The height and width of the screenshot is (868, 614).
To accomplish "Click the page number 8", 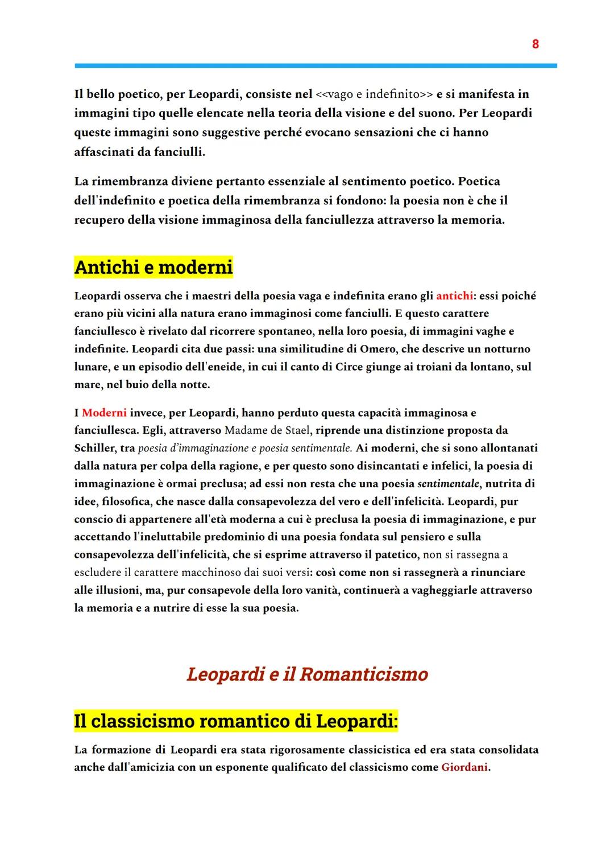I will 535,44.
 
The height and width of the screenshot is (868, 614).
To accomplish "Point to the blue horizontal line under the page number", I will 316,65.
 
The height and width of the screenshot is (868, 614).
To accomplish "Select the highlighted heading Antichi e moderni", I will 153,267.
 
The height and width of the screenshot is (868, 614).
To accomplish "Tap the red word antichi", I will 454,296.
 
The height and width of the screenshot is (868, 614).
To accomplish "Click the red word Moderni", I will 104,413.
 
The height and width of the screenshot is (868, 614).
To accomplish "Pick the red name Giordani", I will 464,767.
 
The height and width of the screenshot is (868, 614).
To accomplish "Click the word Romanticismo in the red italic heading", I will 363,674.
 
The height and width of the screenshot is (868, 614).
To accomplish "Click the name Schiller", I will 95,448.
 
